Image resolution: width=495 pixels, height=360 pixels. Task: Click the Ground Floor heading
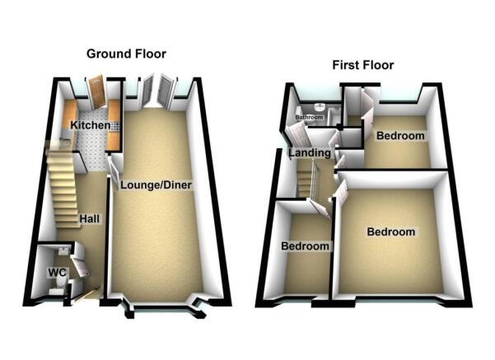coord(126,54)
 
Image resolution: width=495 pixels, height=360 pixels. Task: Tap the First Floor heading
coord(363,65)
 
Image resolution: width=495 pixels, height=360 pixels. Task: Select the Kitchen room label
coord(91,125)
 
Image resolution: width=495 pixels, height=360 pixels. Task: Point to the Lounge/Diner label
coord(156,185)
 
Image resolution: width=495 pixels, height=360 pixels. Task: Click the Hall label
coord(90,219)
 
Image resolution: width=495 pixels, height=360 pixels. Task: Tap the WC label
coord(57,272)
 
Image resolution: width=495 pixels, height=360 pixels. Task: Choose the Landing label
coord(310,153)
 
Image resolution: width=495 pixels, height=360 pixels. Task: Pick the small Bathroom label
coord(309,117)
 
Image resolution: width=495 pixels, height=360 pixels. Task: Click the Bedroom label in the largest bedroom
coord(391,231)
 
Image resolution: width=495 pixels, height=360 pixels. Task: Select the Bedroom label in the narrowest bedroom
coord(305,246)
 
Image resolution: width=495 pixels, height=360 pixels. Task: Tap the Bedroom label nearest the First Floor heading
coord(400,136)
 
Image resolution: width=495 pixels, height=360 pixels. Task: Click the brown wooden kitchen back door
coord(96,91)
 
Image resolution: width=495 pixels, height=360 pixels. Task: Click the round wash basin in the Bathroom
coord(320,107)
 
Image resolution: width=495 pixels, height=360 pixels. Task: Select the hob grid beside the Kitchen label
coord(116,126)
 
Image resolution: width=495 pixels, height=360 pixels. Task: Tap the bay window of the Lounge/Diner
coord(163,307)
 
